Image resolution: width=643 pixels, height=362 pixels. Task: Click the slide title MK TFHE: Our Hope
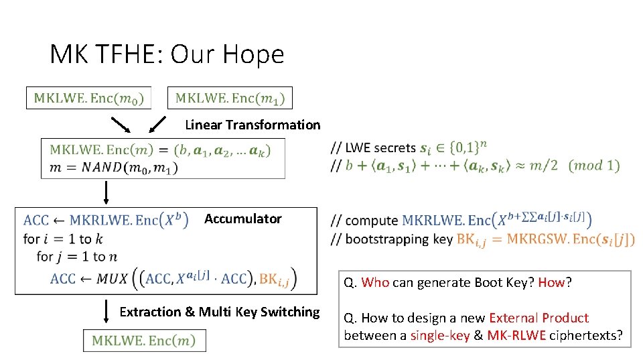[x=167, y=54]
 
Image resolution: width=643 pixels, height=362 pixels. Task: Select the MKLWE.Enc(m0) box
[x=89, y=99]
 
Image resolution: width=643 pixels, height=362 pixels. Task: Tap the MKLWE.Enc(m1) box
[x=230, y=99]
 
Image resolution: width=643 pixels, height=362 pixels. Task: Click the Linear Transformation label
[x=253, y=125]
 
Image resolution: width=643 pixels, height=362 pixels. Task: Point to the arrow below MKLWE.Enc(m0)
[x=121, y=125]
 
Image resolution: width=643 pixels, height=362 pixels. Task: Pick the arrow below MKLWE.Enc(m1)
[x=156, y=125]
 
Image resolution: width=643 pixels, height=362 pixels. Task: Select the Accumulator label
[x=242, y=219]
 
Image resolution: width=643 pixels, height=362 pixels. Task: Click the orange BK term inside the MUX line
[x=275, y=279]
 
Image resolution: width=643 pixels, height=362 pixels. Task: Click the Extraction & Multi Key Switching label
[x=219, y=312]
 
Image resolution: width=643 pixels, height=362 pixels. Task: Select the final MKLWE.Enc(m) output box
[x=144, y=341]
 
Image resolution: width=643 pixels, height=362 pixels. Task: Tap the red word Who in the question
[x=375, y=282]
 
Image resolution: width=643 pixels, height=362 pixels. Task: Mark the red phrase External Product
[x=539, y=318]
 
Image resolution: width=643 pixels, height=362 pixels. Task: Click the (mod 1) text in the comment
[x=593, y=166]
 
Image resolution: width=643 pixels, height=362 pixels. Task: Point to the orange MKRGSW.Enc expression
[x=570, y=239]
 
